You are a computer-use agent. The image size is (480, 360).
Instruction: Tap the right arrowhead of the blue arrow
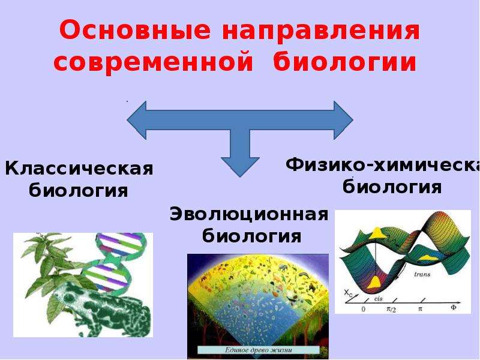point(344,121)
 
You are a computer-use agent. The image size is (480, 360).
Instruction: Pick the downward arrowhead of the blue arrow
point(241,165)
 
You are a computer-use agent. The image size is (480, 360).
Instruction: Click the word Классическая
point(79,169)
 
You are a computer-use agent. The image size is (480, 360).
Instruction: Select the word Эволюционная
point(249,214)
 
